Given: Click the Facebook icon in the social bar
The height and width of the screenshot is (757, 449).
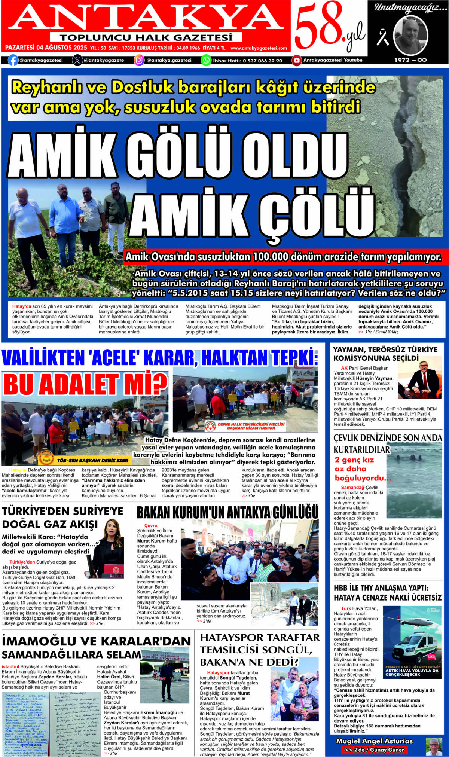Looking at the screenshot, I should [x=13, y=60].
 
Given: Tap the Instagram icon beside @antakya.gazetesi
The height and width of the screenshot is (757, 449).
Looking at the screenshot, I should [x=139, y=60].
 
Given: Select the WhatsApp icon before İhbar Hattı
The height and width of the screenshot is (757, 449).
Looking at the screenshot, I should [x=206, y=60].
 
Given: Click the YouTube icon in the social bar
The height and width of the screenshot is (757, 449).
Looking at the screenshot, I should [x=297, y=60].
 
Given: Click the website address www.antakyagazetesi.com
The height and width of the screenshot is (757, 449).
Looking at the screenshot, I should [x=259, y=48].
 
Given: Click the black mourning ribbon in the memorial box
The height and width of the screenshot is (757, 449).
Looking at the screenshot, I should [x=382, y=38].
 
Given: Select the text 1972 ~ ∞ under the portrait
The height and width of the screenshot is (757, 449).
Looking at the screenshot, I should [x=410, y=60].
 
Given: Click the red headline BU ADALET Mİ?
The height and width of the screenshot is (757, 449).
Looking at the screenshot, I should [x=85, y=384].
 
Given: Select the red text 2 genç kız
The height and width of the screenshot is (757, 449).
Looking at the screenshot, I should [x=354, y=460].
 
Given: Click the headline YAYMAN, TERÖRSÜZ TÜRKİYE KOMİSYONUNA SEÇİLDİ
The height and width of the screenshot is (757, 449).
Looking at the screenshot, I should [x=385, y=354].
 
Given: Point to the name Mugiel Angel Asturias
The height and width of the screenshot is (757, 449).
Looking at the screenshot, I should [x=375, y=741].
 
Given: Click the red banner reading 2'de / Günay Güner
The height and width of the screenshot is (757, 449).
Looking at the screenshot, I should [x=374, y=750].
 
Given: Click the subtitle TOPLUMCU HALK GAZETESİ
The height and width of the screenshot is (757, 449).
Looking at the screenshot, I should [x=146, y=37].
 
